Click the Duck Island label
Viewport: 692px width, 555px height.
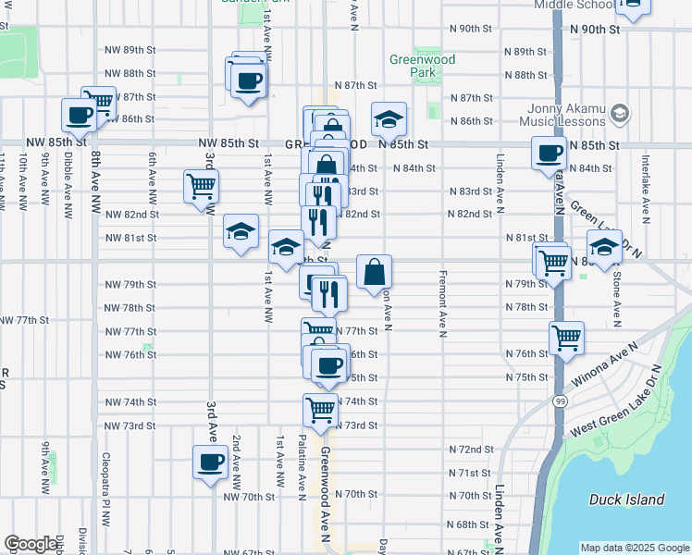(x=627, y=500)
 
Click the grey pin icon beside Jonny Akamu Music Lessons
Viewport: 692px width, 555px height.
(x=620, y=114)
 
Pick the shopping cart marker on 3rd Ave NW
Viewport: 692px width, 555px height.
(x=201, y=185)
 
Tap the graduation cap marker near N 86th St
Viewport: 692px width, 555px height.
(x=389, y=118)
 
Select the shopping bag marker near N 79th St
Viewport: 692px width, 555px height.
(x=374, y=272)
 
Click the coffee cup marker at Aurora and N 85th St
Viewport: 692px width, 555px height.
(x=550, y=152)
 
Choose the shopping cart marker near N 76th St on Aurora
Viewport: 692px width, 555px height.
(x=566, y=338)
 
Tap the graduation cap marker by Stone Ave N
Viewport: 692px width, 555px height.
(x=604, y=247)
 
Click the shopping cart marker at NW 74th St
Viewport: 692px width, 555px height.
(x=320, y=408)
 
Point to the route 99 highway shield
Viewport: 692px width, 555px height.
(x=561, y=401)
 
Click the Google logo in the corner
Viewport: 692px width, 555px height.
(x=31, y=544)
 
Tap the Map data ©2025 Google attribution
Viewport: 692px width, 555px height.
(x=635, y=548)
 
